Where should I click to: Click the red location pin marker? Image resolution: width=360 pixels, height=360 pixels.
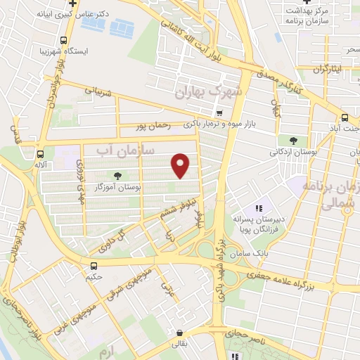coord(181,165)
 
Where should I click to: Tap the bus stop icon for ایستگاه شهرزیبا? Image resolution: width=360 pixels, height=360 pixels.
coord(64,40)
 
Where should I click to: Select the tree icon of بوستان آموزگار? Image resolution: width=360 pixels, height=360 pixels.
coord(115,176)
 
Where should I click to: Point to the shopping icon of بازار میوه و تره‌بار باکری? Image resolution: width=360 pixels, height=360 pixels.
coord(219,112)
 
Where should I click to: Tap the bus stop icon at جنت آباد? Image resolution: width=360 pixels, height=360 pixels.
coord(345,117)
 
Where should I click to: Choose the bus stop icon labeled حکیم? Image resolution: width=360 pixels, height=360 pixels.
coord(94,265)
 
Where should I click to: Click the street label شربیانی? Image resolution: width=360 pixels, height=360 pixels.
coord(99,91)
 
